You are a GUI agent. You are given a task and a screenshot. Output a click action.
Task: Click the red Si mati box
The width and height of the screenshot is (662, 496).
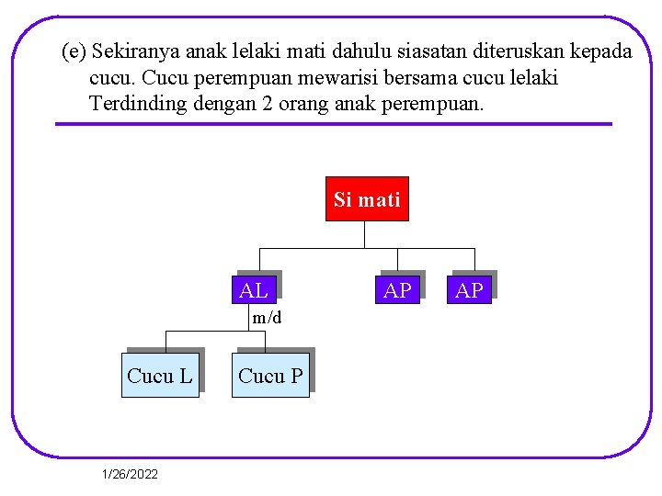tap(367, 199)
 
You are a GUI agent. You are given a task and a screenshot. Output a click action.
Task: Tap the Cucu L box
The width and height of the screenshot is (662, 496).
tap(160, 376)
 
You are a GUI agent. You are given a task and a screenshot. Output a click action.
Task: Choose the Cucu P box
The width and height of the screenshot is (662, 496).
tap(270, 376)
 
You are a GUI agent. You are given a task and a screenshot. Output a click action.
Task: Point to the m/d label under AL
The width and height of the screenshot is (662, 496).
tap(267, 318)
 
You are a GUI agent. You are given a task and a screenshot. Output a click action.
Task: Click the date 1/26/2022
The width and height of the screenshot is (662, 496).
tap(130, 474)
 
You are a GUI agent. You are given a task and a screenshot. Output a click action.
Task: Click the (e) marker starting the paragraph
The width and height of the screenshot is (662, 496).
tap(74, 51)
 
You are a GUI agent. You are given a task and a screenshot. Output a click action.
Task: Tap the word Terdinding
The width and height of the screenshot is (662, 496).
tap(138, 104)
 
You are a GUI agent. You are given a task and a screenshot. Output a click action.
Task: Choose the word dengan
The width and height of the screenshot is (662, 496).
tap(224, 104)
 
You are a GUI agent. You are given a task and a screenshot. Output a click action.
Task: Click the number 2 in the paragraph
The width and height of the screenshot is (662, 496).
tap(267, 104)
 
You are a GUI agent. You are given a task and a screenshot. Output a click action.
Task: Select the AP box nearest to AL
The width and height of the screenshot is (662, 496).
tap(397, 291)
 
